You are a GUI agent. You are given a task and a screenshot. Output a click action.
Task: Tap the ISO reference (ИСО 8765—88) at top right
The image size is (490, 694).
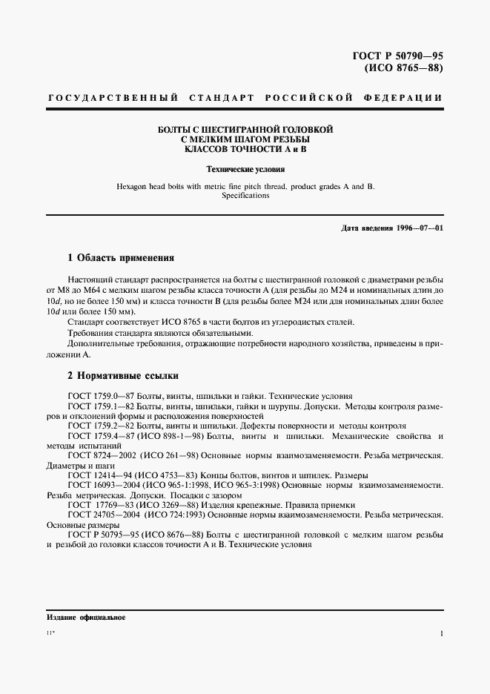click(x=405, y=69)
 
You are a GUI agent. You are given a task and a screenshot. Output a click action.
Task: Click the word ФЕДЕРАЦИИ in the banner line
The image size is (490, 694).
click(x=404, y=98)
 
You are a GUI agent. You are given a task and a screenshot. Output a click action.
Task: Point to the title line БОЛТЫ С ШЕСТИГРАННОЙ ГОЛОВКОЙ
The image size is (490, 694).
click(x=247, y=130)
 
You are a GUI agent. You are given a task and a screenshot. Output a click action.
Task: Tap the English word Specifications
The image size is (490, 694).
click(x=245, y=196)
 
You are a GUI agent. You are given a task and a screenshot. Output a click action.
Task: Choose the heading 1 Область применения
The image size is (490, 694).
click(x=120, y=258)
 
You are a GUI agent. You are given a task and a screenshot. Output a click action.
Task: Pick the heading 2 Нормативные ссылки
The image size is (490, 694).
click(x=122, y=376)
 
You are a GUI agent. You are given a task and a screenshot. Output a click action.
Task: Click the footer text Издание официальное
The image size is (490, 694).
click(x=76, y=617)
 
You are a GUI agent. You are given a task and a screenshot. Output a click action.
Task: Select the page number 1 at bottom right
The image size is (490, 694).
click(x=440, y=635)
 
